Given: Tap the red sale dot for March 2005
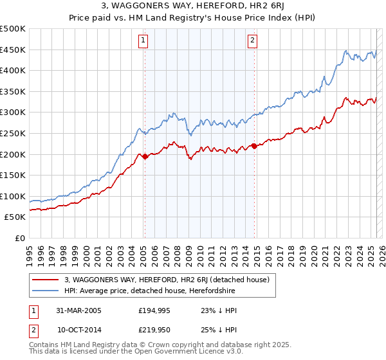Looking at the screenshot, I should tap(145, 156).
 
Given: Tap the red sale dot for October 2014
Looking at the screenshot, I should tap(254, 146).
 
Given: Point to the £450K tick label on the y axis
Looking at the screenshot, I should tap(14, 50).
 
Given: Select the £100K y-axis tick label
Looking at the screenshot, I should tap(14, 196).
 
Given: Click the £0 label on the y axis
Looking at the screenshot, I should tap(19, 238).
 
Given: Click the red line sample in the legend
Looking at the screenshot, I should tap(46, 280).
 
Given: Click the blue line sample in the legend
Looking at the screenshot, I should tap(46, 291).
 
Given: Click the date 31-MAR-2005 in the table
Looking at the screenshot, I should tap(78, 310).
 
